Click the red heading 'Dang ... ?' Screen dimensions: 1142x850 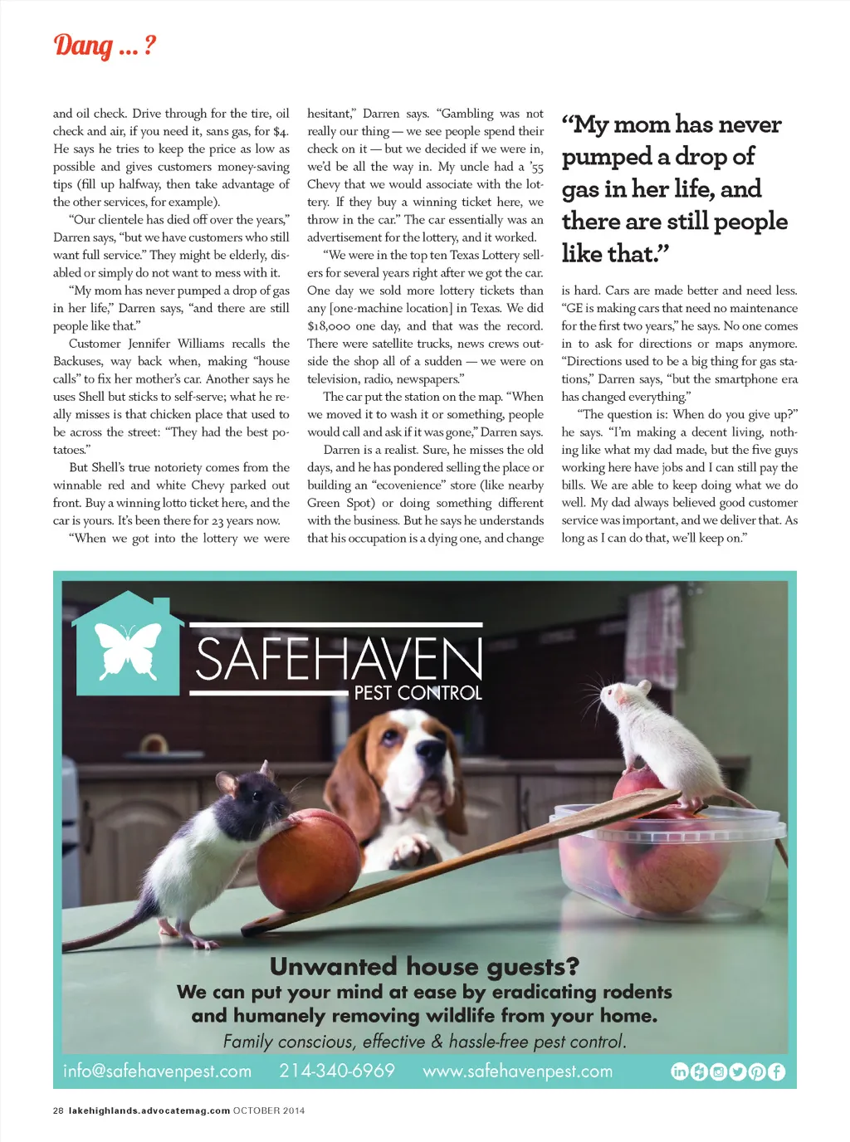[x=105, y=46]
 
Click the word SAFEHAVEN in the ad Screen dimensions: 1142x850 [x=339, y=659]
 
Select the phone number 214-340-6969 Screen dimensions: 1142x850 [x=337, y=1071]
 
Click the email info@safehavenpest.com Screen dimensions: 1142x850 [x=157, y=1071]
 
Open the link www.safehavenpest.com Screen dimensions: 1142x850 [x=518, y=1071]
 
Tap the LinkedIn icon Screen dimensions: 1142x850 [x=679, y=1071]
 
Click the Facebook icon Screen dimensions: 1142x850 [x=776, y=1071]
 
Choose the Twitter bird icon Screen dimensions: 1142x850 [x=737, y=1071]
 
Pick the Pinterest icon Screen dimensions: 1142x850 [x=757, y=1071]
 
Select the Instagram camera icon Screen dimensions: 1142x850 [x=718, y=1071]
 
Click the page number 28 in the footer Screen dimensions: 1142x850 [x=58, y=1110]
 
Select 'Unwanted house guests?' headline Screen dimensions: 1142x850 [x=424, y=967]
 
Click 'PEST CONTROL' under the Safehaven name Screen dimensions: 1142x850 [x=418, y=693]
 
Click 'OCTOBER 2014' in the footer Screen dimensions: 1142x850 [x=269, y=1110]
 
